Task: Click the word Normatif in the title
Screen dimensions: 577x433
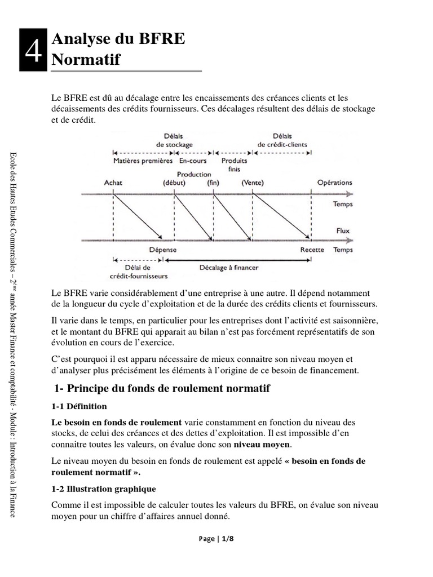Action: pyautogui.click(x=86, y=60)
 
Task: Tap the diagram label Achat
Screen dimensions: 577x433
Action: pyautogui.click(x=113, y=183)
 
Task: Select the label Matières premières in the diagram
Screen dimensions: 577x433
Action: pyautogui.click(x=143, y=160)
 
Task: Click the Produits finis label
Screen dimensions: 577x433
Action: pyautogui.click(x=234, y=164)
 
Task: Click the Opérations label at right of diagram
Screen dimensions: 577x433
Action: pyautogui.click(x=334, y=183)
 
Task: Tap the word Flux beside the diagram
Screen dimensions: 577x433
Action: pyautogui.click(x=342, y=230)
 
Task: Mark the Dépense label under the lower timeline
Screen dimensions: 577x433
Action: pyautogui.click(x=162, y=250)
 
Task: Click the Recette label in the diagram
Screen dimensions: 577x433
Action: pyautogui.click(x=312, y=250)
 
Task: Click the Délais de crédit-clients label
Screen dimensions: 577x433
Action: pyautogui.click(x=282, y=140)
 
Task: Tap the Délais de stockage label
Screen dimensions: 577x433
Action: pyautogui.click(x=174, y=140)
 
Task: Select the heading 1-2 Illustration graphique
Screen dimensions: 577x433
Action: pyautogui.click(x=103, y=489)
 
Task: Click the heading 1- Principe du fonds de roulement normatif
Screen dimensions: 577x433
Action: pyautogui.click(x=162, y=389)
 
